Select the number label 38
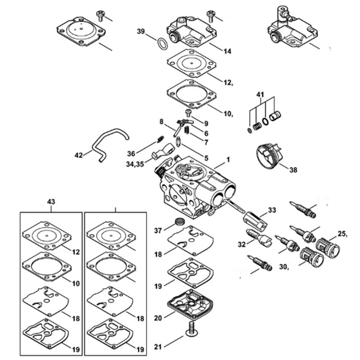point(293,170)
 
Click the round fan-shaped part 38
point(269,156)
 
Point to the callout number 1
point(228,160)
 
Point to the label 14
point(227,52)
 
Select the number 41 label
point(260,94)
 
